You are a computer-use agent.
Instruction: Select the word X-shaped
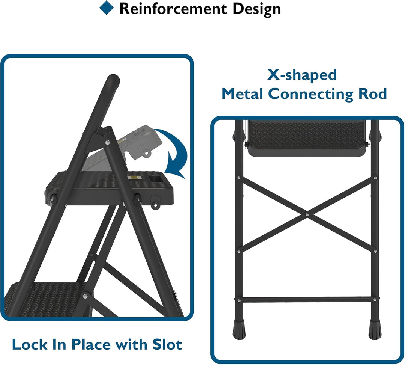click(302, 75)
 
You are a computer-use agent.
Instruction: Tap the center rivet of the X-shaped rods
click(307, 214)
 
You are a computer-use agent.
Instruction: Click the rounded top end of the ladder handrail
click(112, 80)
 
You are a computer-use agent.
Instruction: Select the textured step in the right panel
click(306, 135)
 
